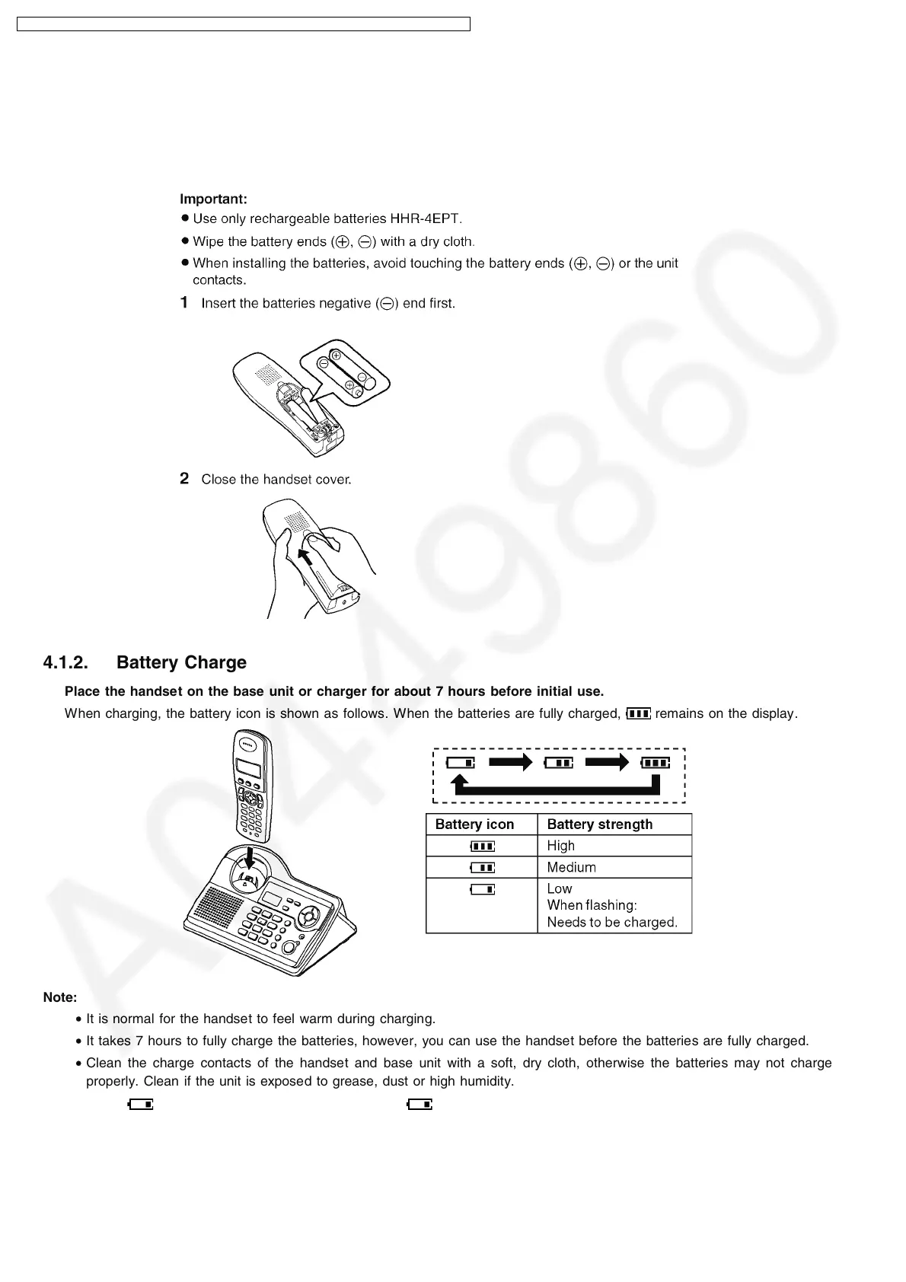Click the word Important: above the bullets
click(213, 199)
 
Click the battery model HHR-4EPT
click(425, 219)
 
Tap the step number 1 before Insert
click(184, 303)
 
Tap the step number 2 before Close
click(184, 479)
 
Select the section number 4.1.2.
click(65, 663)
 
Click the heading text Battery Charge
click(181, 663)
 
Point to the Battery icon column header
click(474, 824)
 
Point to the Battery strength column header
click(599, 824)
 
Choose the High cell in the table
click(561, 846)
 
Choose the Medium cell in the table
click(571, 867)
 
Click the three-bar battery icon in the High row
click(483, 846)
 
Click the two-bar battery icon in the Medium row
click(483, 867)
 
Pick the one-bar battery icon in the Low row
click(483, 888)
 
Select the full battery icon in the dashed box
click(655, 762)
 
